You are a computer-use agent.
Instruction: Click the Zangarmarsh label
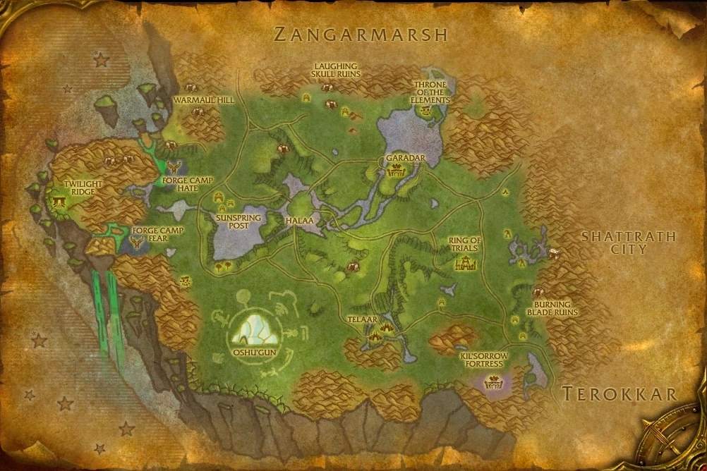[361, 35]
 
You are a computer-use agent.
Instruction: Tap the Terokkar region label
[620, 394]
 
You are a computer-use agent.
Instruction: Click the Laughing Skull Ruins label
[336, 70]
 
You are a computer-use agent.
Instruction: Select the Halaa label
[299, 221]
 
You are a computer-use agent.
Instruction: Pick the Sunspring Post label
[238, 223]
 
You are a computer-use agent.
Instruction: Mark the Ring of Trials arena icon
[465, 264]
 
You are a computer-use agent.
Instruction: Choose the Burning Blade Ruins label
[552, 308]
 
